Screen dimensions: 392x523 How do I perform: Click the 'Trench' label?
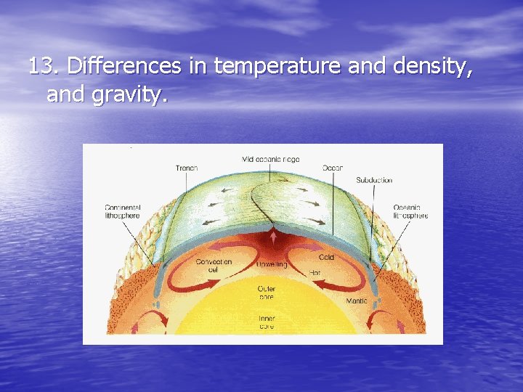[x=187, y=168]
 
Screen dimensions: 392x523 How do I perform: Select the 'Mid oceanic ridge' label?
[x=270, y=159]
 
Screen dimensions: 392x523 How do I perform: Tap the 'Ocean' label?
[x=332, y=168]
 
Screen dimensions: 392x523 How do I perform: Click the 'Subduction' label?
[x=373, y=180]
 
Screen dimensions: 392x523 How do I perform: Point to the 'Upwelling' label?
[x=272, y=265]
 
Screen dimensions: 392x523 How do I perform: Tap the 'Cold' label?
[x=326, y=257]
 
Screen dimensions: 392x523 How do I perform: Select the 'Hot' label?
[x=316, y=273]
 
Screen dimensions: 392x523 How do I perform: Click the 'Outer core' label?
[x=267, y=293]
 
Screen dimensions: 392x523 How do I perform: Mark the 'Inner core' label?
[x=267, y=322]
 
